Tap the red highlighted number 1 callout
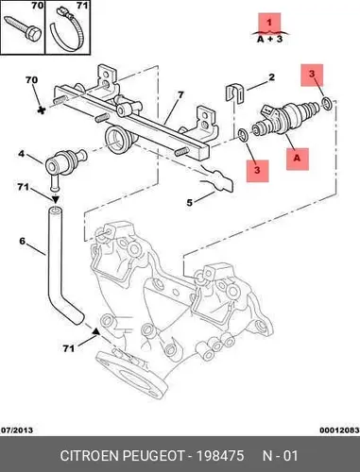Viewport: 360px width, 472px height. pos(269,23)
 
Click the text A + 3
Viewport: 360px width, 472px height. pos(270,40)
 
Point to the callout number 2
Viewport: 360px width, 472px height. pos(271,77)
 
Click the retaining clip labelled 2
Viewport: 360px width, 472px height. pos(235,93)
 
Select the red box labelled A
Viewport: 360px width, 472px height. pos(298,159)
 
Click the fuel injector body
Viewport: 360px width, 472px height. pos(286,118)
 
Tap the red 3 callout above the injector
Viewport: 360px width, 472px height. pos(312,75)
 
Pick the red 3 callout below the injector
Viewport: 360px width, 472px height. pos(258,171)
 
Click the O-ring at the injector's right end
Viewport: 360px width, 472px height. pos(327,104)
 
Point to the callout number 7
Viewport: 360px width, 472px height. pos(180,94)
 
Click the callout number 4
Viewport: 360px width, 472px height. pos(21,154)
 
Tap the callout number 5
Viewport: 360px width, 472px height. pos(189,202)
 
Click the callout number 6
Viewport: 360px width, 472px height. pos(22,241)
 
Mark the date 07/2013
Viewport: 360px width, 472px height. pos(17,430)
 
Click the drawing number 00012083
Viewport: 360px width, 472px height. pos(339,430)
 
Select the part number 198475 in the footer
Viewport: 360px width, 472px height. pos(220,455)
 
